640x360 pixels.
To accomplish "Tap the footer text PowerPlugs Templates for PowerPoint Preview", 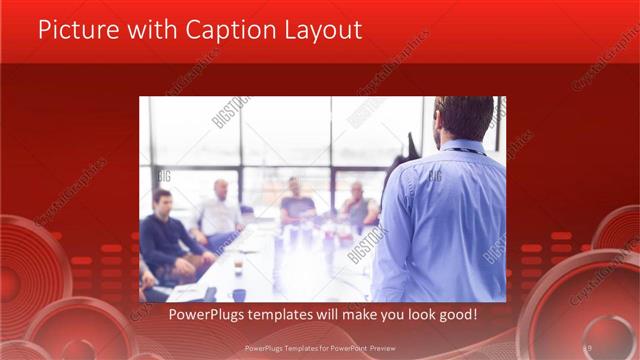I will [x=320, y=348].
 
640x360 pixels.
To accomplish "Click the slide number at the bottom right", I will [x=588, y=347].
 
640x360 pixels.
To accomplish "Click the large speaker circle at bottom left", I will [x=30, y=275].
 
